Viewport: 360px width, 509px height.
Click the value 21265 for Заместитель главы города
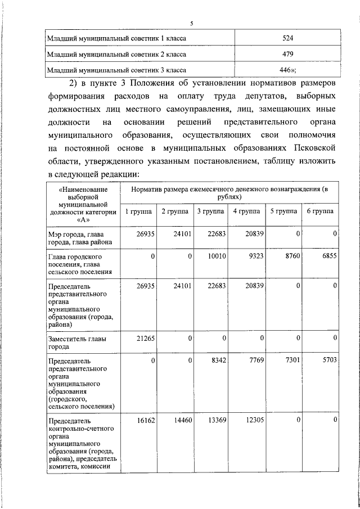145,337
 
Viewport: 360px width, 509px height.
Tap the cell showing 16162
145,420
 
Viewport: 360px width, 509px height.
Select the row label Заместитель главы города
76,343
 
